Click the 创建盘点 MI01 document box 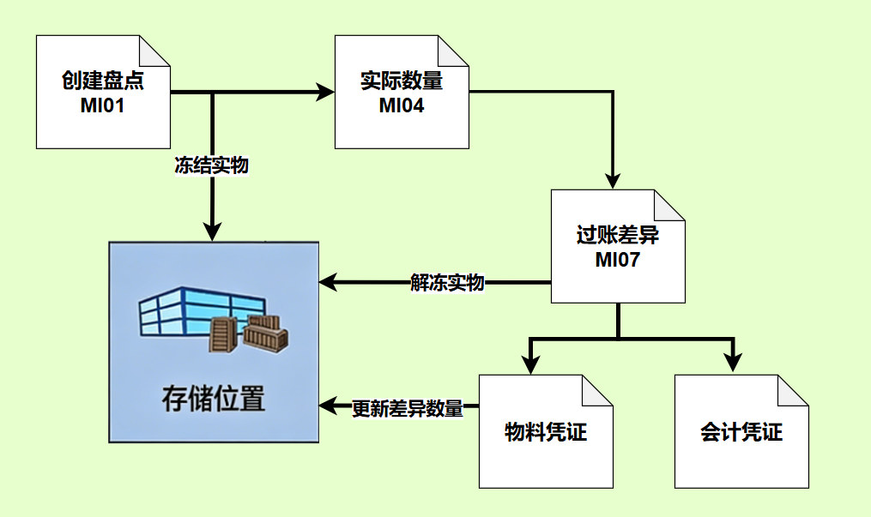[103, 92]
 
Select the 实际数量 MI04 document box [402, 92]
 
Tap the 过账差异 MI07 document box [618, 246]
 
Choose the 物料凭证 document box [546, 431]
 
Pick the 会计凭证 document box [741, 431]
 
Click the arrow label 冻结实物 [212, 165]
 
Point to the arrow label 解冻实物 [447, 282]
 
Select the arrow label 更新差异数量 [408, 408]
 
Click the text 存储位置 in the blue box [214, 399]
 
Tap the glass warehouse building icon [203, 312]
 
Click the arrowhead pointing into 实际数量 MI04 [325, 92]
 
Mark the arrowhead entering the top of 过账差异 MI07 [613, 180]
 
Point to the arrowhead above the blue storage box [212, 231]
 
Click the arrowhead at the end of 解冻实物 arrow [329, 282]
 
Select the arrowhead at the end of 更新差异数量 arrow [329, 406]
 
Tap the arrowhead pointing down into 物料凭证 [531, 365]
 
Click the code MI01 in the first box [103, 105]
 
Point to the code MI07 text [618, 260]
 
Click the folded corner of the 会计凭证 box [793, 390]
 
